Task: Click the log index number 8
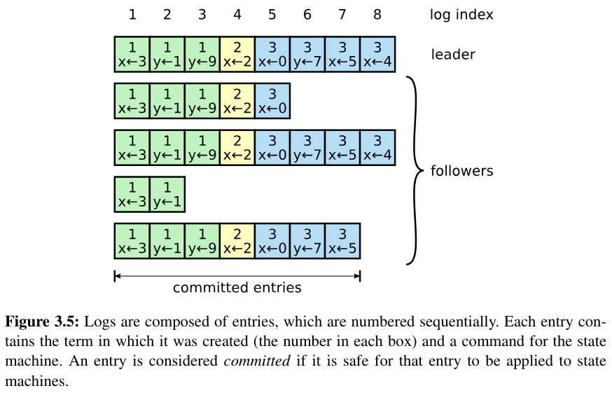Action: click(377, 14)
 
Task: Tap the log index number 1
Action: click(132, 14)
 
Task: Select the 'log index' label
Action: click(461, 14)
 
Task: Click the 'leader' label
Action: click(453, 54)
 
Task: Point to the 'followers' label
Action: click(461, 171)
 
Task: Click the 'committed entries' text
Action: click(237, 287)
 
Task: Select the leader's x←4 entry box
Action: click(377, 54)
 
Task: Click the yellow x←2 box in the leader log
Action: click(237, 54)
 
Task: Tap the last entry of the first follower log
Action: click(272, 101)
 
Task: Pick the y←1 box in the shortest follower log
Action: click(167, 194)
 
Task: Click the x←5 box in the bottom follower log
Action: click(342, 241)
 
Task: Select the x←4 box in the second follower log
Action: click(377, 147)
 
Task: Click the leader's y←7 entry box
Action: click(307, 54)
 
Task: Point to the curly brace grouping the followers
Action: click(415, 171)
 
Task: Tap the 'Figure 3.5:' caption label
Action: click(43, 322)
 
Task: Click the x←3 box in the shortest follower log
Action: click(132, 194)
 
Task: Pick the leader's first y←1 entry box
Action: click(167, 54)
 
